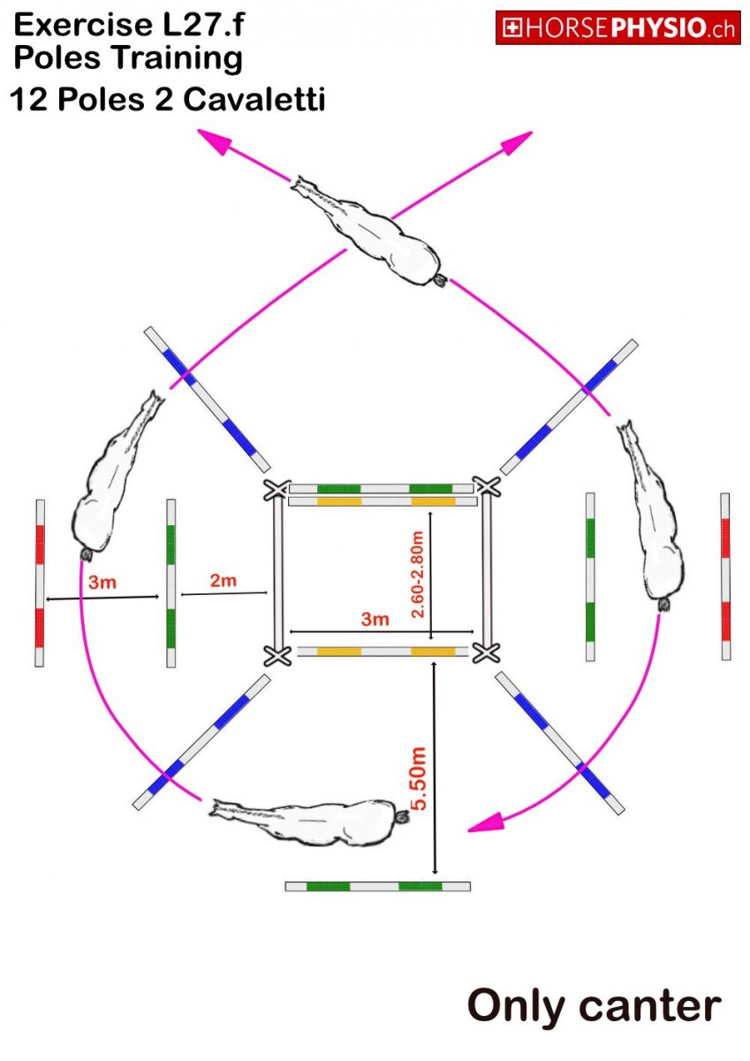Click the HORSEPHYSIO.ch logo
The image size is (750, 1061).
click(617, 28)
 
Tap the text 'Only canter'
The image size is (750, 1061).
click(594, 1005)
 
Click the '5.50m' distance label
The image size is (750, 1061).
click(420, 778)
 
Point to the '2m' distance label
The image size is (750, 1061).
click(223, 580)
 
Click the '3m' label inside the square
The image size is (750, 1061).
click(375, 619)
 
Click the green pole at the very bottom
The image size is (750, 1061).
click(377, 886)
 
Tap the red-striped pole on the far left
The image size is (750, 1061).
click(39, 583)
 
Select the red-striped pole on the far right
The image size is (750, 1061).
click(725, 576)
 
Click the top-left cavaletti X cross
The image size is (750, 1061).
click(277, 490)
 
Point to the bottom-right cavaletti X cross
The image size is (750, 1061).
click(484, 653)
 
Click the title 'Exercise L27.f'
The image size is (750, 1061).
click(129, 26)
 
